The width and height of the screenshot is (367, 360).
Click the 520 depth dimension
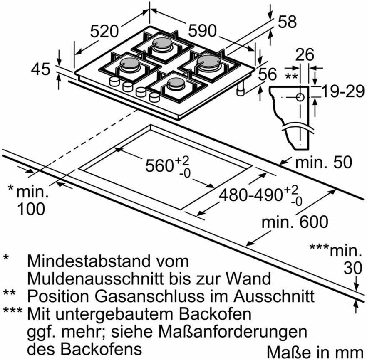click(x=105, y=31)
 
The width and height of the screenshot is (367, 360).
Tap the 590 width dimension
click(x=203, y=30)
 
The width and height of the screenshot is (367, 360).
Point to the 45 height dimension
click(x=41, y=69)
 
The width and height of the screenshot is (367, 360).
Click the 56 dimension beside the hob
click(x=267, y=74)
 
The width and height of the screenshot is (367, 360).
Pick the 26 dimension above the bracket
click(x=305, y=54)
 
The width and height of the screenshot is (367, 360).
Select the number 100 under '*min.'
click(x=30, y=209)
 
